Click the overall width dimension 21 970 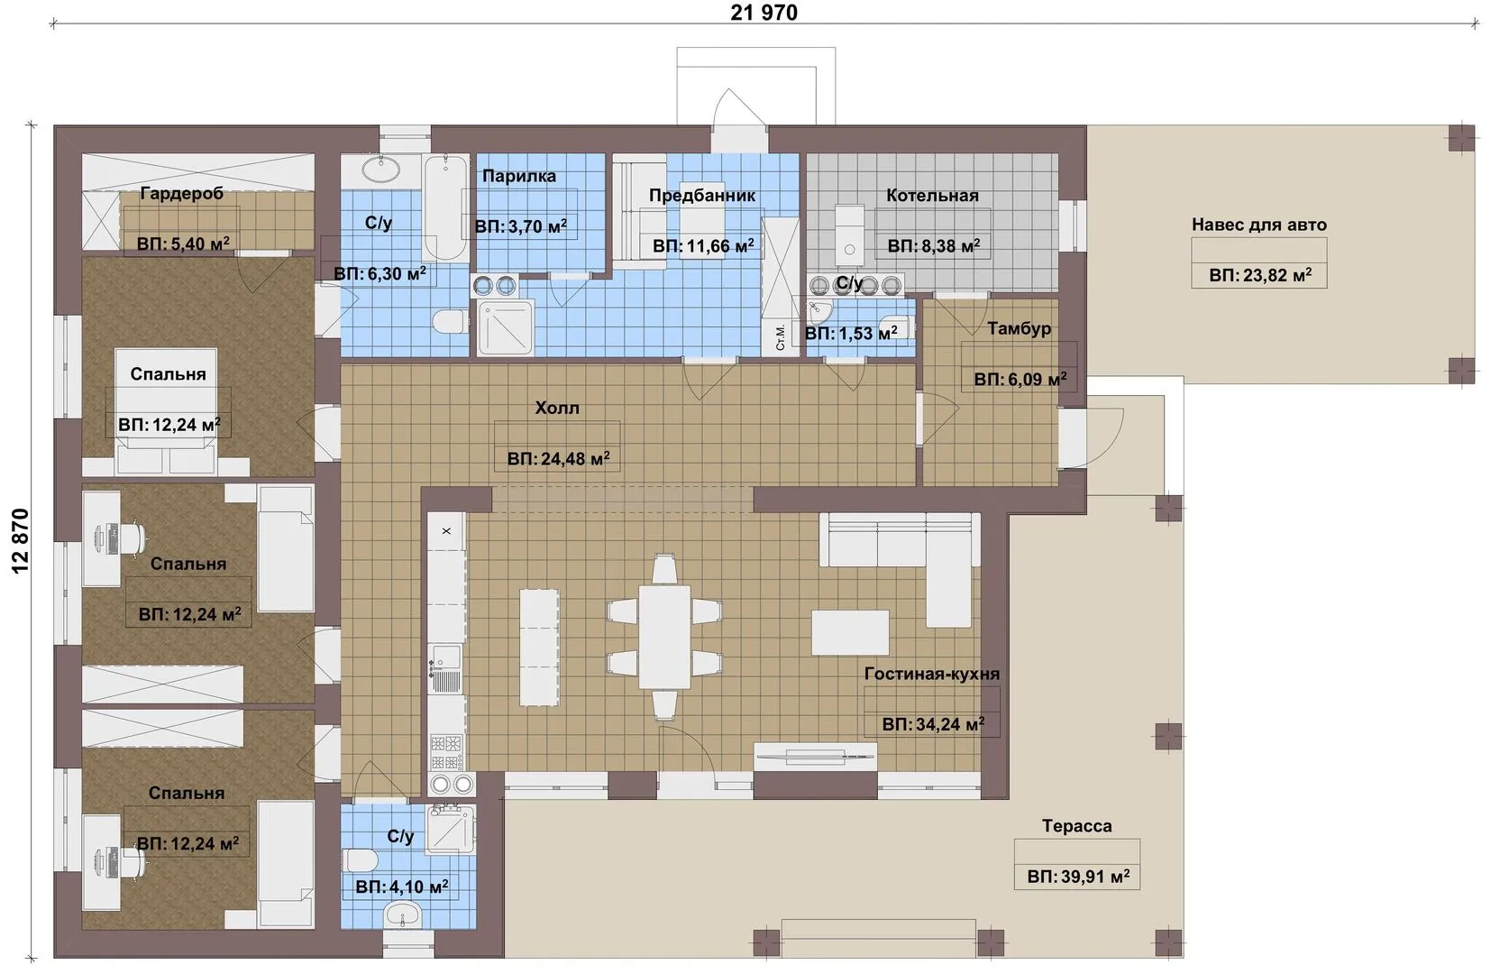click(x=764, y=12)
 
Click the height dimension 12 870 click(x=21, y=541)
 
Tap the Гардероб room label click(x=181, y=194)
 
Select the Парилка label click(x=519, y=176)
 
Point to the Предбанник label click(x=702, y=196)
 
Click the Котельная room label click(x=932, y=196)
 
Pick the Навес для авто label click(x=1259, y=225)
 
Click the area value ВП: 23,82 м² click(x=1259, y=275)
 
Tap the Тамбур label click(x=1020, y=329)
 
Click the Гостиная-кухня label click(x=931, y=674)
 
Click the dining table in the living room click(x=664, y=637)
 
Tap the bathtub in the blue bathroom click(x=445, y=207)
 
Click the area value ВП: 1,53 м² click(x=851, y=334)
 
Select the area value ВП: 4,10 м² click(x=402, y=887)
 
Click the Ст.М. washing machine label click(x=780, y=337)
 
